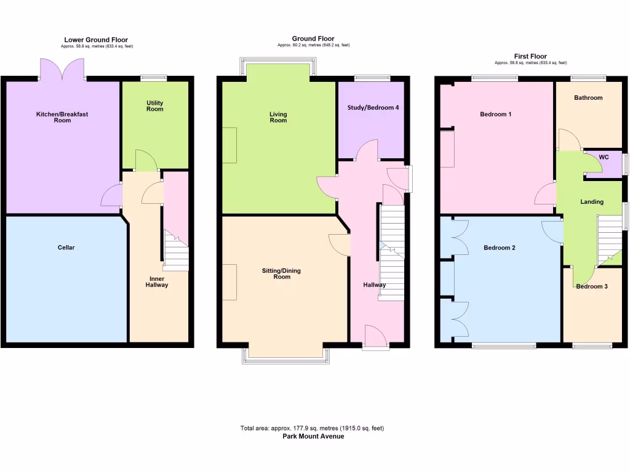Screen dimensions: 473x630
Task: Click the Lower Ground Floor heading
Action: pyautogui.click(x=96, y=40)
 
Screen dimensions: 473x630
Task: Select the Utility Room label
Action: pyautogui.click(x=154, y=106)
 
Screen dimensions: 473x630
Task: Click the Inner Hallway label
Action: pyautogui.click(x=157, y=282)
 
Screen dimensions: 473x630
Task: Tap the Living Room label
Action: pyautogui.click(x=278, y=117)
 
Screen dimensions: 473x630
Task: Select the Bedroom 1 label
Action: pyautogui.click(x=496, y=115)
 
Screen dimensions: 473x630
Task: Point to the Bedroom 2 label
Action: pyautogui.click(x=499, y=248)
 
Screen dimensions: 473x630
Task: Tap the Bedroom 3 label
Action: pyautogui.click(x=592, y=286)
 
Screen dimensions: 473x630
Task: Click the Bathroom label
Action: pyautogui.click(x=588, y=98)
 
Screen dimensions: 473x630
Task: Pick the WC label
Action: pyautogui.click(x=604, y=158)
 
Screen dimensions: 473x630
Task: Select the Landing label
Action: pyautogui.click(x=592, y=202)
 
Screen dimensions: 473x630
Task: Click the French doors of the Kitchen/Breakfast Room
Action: pyautogui.click(x=62, y=70)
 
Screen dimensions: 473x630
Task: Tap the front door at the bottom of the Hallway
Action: pyautogui.click(x=375, y=338)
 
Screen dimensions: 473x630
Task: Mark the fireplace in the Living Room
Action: pyautogui.click(x=229, y=145)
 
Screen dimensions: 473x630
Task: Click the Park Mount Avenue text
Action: pyautogui.click(x=313, y=436)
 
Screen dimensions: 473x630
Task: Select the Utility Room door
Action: pyautogui.click(x=146, y=161)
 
